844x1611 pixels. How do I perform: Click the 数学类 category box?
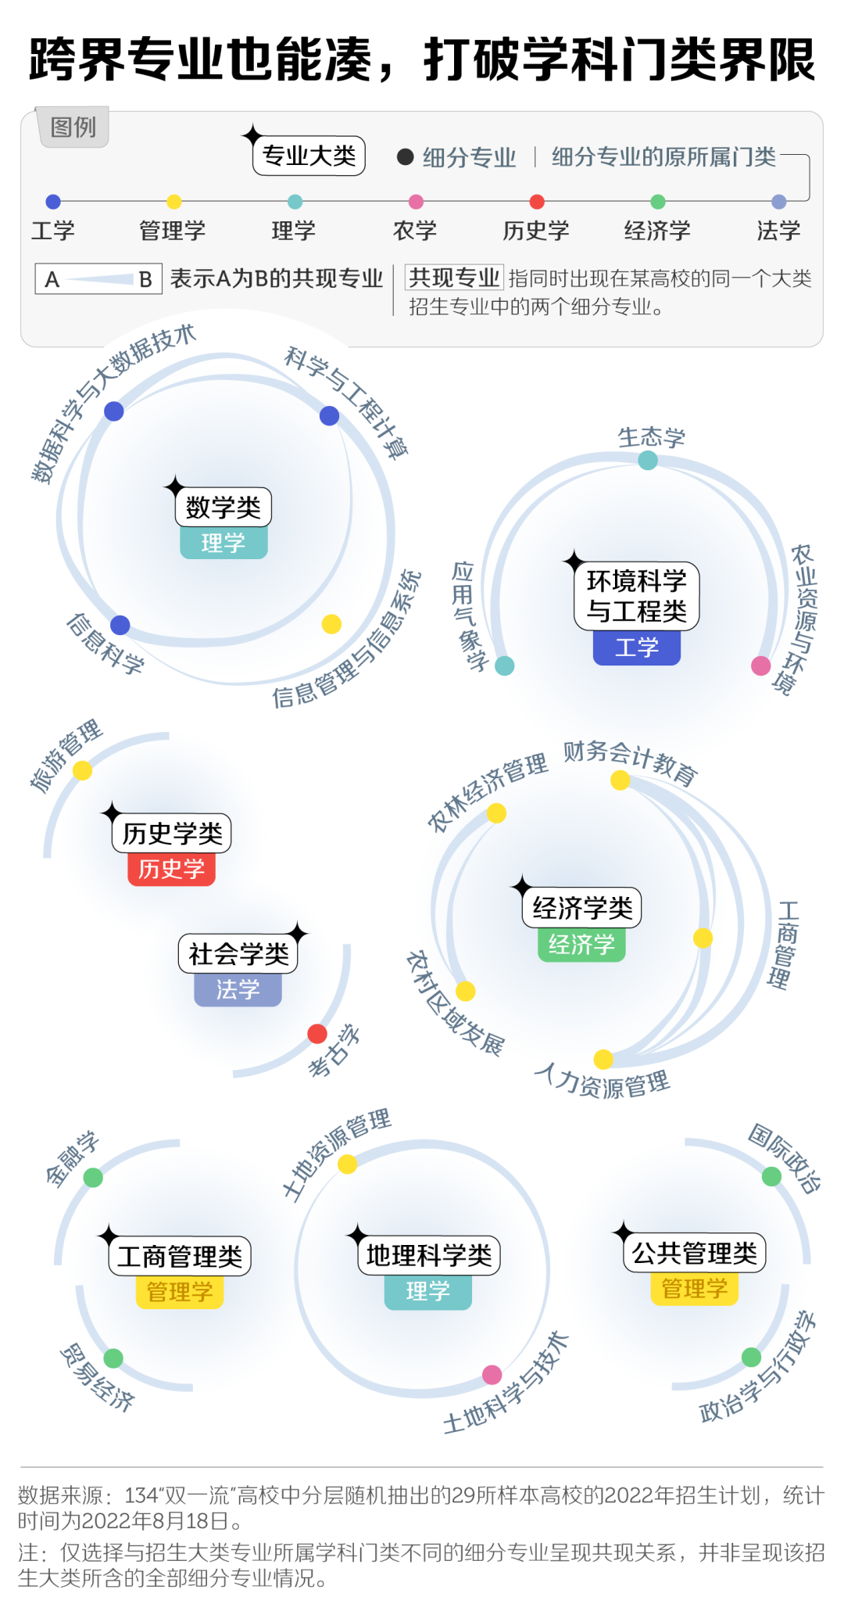(224, 507)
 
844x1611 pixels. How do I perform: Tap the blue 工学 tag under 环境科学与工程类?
(636, 648)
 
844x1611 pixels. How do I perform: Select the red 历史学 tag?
(171, 869)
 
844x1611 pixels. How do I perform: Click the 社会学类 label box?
(238, 953)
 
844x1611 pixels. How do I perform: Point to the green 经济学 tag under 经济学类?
(581, 944)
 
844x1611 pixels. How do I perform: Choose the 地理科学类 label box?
(428, 1255)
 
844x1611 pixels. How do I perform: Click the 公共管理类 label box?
(694, 1253)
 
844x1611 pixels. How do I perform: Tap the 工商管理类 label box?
(180, 1256)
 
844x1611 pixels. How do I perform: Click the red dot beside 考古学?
(317, 1034)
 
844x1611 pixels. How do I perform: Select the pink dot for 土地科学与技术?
(492, 1374)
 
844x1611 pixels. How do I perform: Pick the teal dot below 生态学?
(648, 461)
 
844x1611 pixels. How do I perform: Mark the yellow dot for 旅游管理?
(82, 770)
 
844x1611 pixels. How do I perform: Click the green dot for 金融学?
(93, 1177)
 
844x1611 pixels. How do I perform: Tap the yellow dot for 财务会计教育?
(620, 780)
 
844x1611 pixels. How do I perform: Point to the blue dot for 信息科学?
(120, 625)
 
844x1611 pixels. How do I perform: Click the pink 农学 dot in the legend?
(416, 202)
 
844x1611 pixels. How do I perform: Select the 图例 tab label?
(73, 127)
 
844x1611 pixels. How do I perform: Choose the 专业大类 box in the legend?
(309, 156)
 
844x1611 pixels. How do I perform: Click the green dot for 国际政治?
(771, 1176)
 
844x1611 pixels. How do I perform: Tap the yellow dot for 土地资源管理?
(348, 1164)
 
